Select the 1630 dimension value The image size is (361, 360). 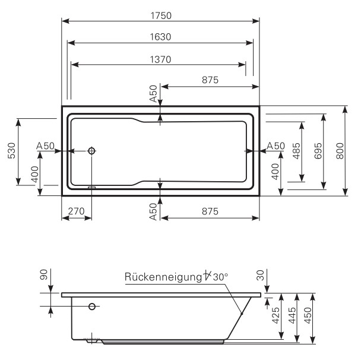click(160, 36)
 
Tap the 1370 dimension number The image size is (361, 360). click(160, 59)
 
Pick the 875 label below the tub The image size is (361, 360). click(210, 211)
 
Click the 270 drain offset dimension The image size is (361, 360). click(75, 211)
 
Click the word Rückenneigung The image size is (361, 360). click(162, 277)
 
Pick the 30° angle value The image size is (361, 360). click(220, 277)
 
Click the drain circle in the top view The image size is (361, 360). click(91, 151)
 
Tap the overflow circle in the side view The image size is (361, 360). click(92, 307)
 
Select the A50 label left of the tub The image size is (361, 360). click(45, 146)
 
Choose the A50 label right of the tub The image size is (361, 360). click(276, 146)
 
